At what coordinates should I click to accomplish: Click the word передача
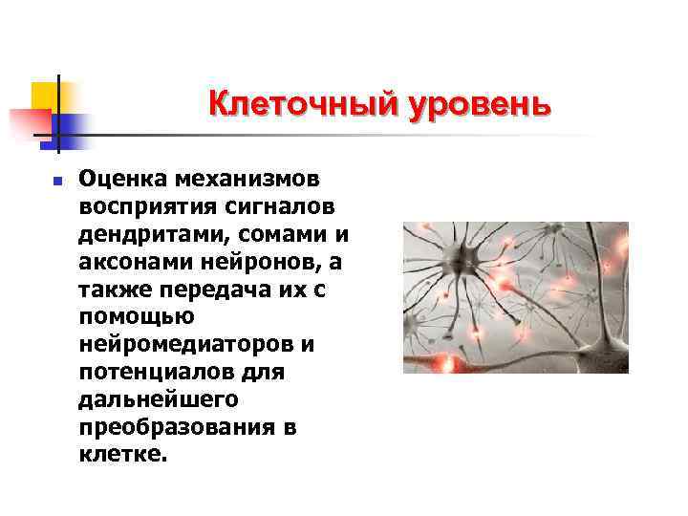[222, 290]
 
